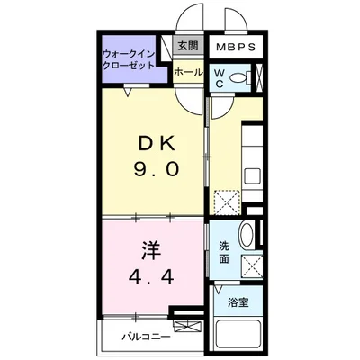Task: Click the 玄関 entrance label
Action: (187, 46)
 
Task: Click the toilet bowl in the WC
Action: (238, 78)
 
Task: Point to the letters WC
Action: (220, 78)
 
